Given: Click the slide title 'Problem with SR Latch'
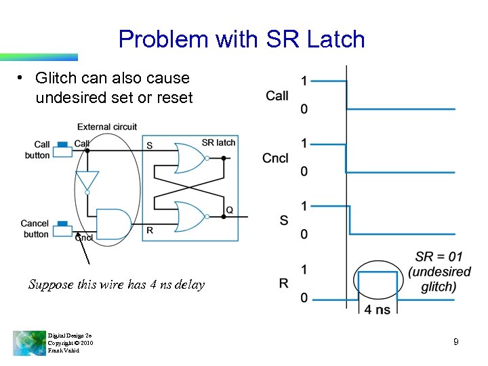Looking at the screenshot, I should point(242,39).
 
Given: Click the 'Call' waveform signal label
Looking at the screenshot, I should point(277,96).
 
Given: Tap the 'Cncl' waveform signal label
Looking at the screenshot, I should point(276,158).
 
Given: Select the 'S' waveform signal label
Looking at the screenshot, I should point(284,220).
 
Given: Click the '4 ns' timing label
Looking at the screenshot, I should point(377,310).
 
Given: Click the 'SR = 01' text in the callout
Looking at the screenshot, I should point(439,257).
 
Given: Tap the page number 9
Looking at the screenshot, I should point(455,342).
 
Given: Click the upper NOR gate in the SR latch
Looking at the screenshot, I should point(190,158).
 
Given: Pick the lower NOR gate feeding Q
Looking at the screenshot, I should point(190,218).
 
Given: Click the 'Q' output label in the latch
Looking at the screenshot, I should point(230,211).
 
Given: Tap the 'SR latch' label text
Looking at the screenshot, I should point(218,142).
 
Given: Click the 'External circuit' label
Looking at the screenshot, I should point(106,127).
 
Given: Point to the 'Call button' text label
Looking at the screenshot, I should point(38,150).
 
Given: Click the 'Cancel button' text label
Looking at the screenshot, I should point(35,229).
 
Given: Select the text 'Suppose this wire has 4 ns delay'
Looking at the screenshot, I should point(116,285).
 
